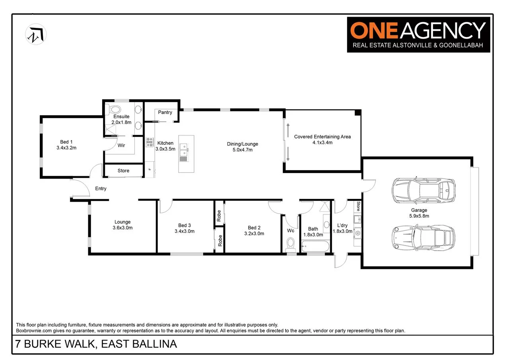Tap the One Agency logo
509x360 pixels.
[x=418, y=35]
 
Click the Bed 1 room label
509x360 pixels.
[x=66, y=142]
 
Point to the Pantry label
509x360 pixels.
[x=165, y=113]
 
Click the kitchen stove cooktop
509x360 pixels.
[x=150, y=142]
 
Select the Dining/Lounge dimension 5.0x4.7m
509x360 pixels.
[x=242, y=150]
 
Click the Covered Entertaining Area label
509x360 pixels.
[x=322, y=137]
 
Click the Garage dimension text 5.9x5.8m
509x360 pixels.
[x=419, y=216]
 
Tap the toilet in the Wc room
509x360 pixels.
[x=291, y=243]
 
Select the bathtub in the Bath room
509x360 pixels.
[x=315, y=247]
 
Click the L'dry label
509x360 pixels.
[x=342, y=226]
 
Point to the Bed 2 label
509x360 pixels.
[x=254, y=228]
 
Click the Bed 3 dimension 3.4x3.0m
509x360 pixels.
[x=185, y=231]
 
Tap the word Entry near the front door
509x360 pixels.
[x=101, y=189]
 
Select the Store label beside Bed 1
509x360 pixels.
[x=123, y=171]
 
